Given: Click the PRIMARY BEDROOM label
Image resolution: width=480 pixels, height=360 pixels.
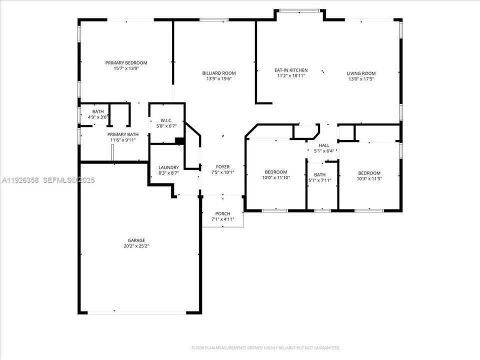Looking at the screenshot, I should (126, 62).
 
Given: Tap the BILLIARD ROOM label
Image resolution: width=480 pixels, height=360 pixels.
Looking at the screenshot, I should (219, 72).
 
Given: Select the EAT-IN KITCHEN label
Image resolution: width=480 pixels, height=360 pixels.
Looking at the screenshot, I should (291, 70).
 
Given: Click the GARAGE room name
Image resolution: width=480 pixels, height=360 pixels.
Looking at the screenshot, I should (122, 240).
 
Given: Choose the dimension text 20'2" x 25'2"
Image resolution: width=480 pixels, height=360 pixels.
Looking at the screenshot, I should (122, 246).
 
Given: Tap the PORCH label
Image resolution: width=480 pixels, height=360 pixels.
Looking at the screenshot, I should (223, 213).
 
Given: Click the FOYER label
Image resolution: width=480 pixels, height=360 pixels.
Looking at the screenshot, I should (222, 166).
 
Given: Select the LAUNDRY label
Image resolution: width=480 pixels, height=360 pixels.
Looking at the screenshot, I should (168, 167).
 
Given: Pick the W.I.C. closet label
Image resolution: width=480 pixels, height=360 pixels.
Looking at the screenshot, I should (166, 120).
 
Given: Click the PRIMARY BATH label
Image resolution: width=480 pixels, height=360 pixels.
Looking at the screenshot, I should (123, 134).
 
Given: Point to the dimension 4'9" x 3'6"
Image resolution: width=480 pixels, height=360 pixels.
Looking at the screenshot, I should (98, 117).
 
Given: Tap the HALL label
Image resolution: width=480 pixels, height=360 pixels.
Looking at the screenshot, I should (324, 145).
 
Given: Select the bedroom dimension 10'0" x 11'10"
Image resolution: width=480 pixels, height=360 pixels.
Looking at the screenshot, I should (276, 177).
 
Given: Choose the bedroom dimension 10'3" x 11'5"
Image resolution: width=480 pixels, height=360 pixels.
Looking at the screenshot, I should (369, 178).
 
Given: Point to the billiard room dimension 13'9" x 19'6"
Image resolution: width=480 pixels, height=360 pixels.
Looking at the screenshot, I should (219, 78).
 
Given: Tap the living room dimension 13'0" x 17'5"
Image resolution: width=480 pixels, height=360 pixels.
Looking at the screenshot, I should (361, 79).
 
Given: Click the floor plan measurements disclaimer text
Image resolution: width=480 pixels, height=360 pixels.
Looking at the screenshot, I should (265, 347).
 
